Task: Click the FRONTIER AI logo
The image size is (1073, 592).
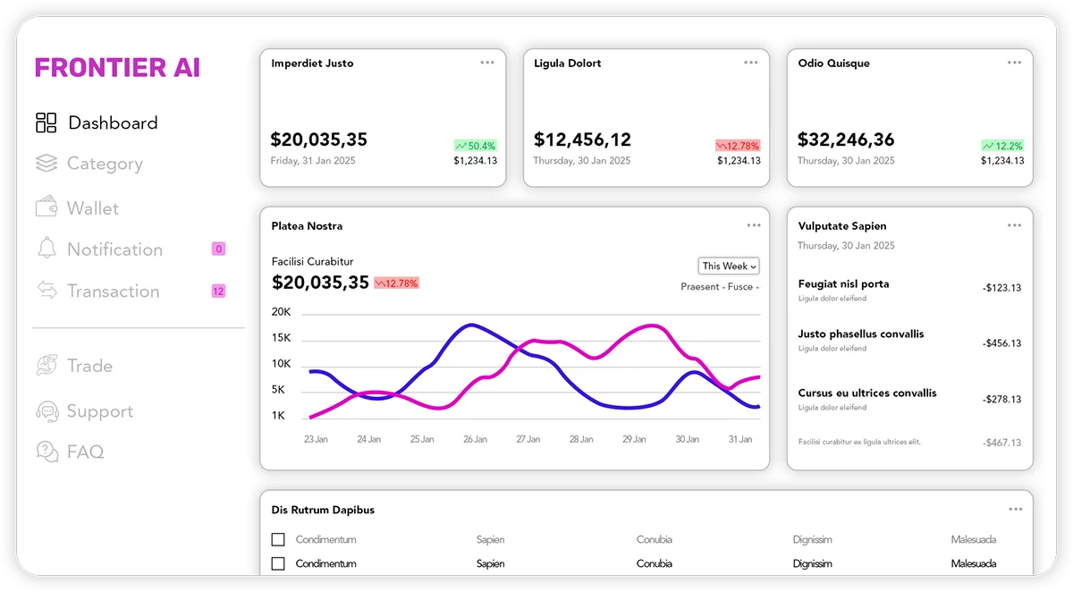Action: [117, 68]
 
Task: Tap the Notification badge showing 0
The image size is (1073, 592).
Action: [219, 249]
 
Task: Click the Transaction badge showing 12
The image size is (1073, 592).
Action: [218, 291]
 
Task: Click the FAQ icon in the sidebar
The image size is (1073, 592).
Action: [46, 452]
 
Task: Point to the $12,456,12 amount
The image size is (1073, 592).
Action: [582, 140]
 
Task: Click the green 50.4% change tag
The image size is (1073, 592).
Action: [475, 146]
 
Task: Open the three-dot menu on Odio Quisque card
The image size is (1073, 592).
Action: [1014, 63]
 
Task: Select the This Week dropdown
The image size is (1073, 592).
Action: [729, 266]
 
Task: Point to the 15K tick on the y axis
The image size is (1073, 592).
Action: [282, 338]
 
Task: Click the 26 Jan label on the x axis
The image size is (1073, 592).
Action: [475, 439]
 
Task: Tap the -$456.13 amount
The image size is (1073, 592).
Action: [1001, 343]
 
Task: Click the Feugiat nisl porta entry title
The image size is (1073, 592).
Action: [843, 284]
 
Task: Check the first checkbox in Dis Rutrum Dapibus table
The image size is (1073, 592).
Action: [278, 539]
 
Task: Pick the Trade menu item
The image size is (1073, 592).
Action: [89, 366]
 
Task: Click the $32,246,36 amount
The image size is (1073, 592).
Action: [845, 140]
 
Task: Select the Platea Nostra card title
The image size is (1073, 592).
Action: [307, 226]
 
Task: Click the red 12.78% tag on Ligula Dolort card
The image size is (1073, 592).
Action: [738, 146]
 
